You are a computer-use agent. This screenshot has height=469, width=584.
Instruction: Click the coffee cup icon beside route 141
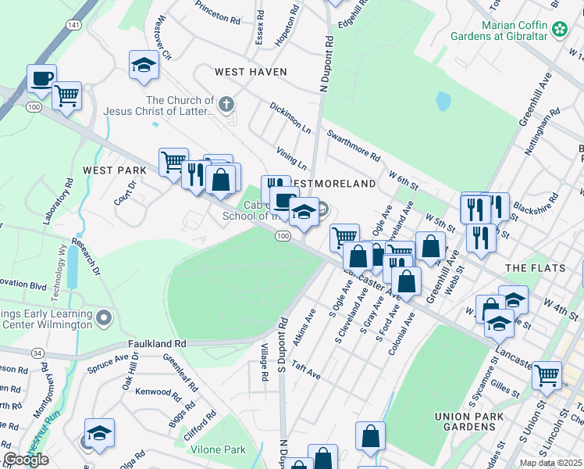(41, 79)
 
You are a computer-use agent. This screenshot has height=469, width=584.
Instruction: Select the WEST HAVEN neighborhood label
(251, 72)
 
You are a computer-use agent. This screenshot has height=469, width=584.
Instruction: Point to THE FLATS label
(535, 268)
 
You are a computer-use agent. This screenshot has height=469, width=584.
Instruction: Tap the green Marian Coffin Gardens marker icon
(559, 30)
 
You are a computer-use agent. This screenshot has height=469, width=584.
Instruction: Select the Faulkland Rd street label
(158, 343)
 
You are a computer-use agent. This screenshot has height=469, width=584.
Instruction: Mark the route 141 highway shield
(73, 26)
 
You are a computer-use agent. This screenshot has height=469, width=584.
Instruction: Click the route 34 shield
(37, 353)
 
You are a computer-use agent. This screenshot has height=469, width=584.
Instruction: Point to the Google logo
(25, 460)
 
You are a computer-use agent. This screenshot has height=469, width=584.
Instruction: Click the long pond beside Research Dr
(73, 265)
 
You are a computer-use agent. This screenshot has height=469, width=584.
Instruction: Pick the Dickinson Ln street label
(290, 117)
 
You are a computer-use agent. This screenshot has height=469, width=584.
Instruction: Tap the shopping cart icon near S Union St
(547, 375)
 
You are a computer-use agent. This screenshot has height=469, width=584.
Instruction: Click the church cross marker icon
(226, 104)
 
